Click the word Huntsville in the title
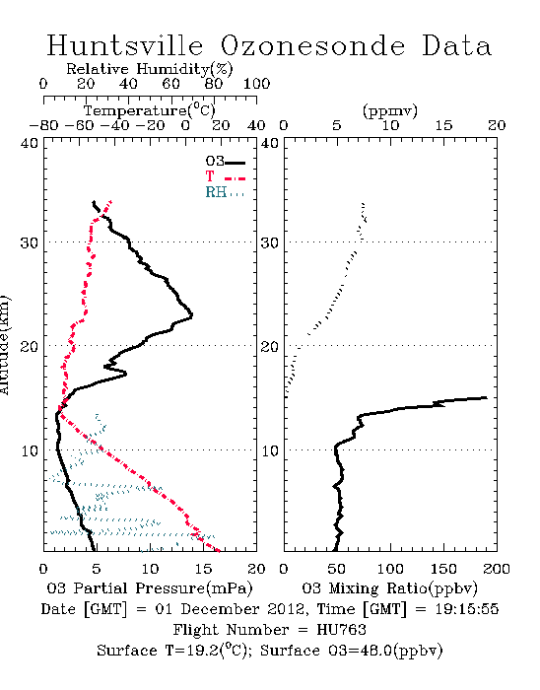125,45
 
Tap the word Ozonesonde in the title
311,45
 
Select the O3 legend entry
225,162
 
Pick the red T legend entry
225,176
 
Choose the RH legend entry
225,192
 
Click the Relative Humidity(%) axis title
150,69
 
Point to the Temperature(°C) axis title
150,110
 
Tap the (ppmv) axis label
390,110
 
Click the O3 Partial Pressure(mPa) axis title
150,588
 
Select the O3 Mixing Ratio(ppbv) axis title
389,588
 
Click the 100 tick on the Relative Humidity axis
256,84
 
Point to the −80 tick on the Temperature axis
43,125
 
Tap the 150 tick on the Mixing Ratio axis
443,569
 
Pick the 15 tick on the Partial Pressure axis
203,569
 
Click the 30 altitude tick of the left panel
30,242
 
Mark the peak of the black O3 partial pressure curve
192,315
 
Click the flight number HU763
341,630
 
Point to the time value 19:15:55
467,609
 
